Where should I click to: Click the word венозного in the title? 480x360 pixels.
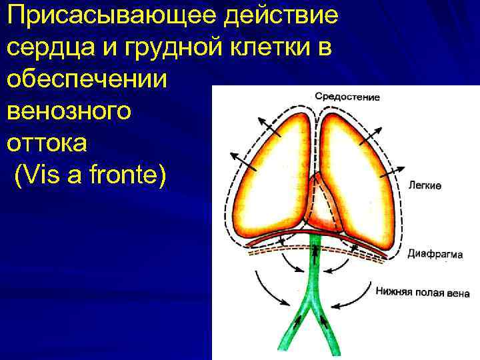click(69, 111)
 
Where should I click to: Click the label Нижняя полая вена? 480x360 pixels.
click(423, 292)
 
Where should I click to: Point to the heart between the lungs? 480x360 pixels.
click(321, 203)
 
